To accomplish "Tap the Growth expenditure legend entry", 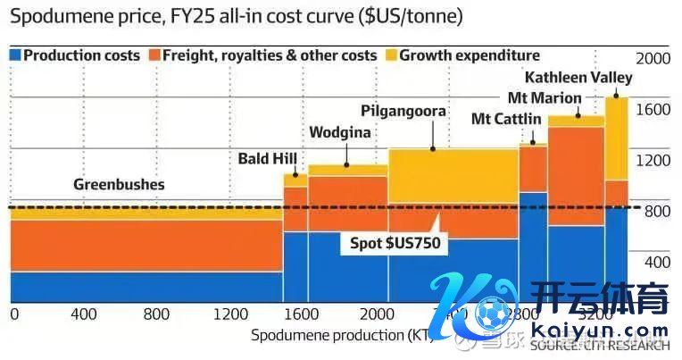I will point(469,55).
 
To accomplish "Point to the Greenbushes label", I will point(119,186).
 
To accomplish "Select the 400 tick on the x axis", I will point(83,314).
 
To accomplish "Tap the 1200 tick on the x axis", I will point(230,314).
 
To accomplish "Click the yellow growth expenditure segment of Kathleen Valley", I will point(616,138).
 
